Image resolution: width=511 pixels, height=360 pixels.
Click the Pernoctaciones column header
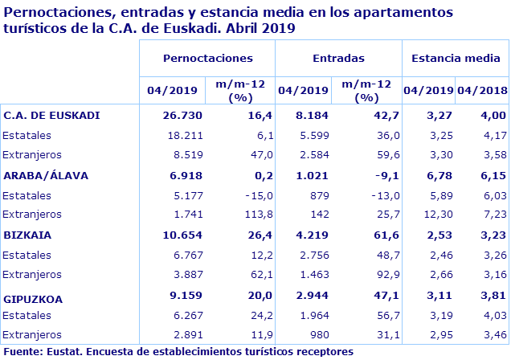(x=207, y=59)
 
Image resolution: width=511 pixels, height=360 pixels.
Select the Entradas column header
(x=338, y=59)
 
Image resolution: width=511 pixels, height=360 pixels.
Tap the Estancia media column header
(x=455, y=59)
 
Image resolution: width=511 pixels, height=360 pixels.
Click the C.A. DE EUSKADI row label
(x=51, y=115)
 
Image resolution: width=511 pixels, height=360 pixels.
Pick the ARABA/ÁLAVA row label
(x=46, y=175)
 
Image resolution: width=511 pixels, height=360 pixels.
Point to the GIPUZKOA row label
(x=35, y=299)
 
